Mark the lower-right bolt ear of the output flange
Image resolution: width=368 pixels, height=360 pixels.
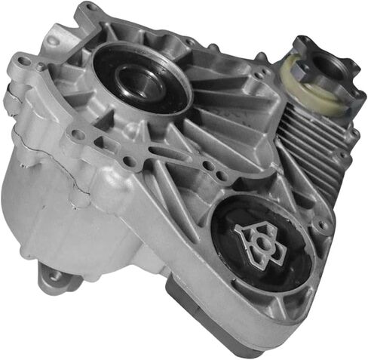tap(349, 98)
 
